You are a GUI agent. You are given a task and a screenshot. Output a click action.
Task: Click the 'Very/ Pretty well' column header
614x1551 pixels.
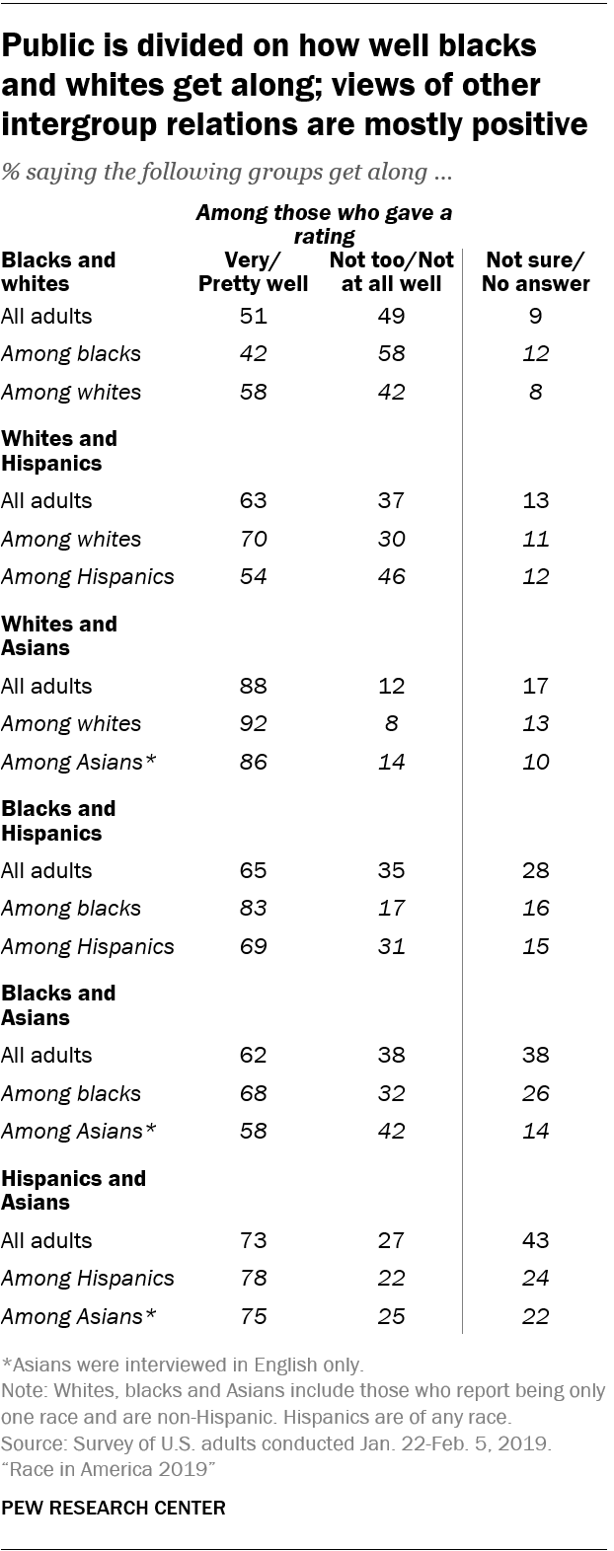[x=253, y=272]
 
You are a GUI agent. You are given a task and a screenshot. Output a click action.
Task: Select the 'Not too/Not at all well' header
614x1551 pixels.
[x=392, y=272]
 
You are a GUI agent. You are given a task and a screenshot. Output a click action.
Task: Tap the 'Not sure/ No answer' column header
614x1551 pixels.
[x=538, y=272]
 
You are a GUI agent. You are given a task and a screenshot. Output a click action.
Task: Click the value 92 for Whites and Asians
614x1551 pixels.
[x=253, y=723]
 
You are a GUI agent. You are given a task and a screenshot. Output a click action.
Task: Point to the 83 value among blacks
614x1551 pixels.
[x=253, y=908]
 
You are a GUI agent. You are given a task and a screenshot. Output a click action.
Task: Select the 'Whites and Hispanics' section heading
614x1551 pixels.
[x=59, y=450]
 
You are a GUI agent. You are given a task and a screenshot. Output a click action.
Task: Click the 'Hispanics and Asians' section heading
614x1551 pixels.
[x=74, y=1190]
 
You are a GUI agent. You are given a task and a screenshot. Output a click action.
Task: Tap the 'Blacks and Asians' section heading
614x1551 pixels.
[x=59, y=1004]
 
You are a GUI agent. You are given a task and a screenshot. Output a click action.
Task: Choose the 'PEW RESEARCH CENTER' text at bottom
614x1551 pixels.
[x=114, y=1508]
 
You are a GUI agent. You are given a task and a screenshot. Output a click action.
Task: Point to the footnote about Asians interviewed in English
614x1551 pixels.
[x=184, y=1366]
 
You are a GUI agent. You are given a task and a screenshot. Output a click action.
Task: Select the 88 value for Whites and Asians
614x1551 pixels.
[x=253, y=686]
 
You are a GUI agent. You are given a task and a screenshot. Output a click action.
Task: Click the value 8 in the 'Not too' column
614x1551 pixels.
[x=392, y=723]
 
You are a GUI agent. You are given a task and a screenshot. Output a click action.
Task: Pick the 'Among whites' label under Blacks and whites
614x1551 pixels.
[x=71, y=392]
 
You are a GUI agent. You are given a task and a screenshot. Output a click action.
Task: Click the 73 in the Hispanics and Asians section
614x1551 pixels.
[x=253, y=1240]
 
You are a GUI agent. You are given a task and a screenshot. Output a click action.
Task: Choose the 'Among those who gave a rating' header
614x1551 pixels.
[x=325, y=224]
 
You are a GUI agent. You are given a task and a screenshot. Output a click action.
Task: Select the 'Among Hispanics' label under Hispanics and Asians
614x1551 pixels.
[x=88, y=1278]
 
